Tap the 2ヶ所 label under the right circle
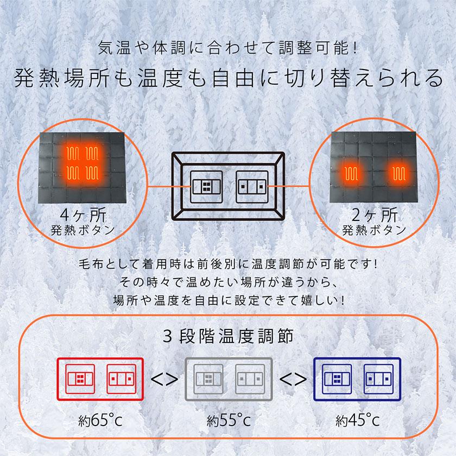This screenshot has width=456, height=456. (375, 213)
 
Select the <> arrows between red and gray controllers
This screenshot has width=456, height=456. (164, 378)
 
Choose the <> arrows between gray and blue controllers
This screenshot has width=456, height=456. (292, 378)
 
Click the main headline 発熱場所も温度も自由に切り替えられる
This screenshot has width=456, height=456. (228, 78)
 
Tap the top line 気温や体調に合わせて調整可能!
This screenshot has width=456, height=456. (228, 48)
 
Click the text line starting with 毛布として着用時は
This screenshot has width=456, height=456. (228, 266)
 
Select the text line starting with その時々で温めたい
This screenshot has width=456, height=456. (228, 283)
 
